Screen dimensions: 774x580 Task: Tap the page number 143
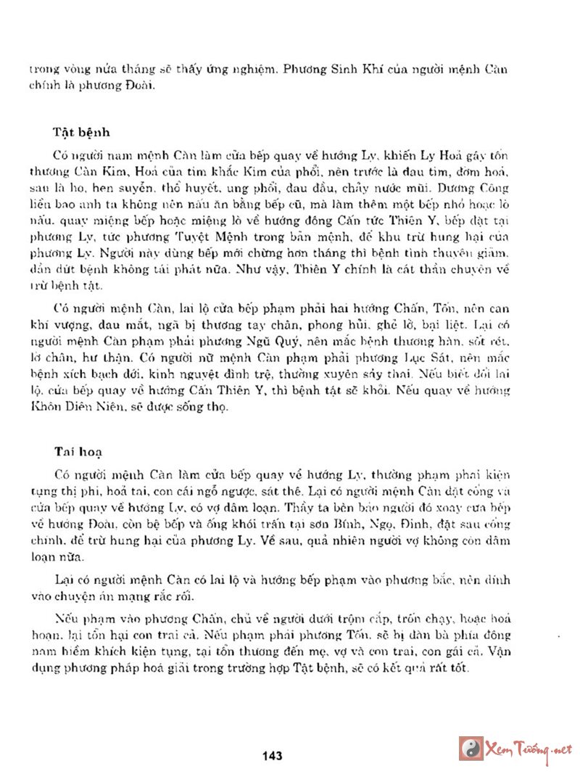pyautogui.click(x=272, y=756)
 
